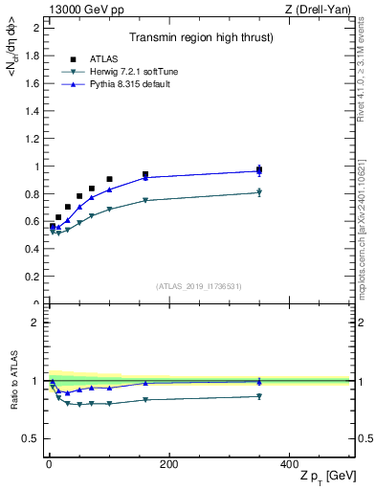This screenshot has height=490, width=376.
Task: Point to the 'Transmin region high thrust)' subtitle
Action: (x=195, y=38)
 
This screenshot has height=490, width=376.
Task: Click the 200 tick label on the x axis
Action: (x=168, y=464)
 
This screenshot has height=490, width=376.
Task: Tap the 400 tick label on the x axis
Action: (x=289, y=464)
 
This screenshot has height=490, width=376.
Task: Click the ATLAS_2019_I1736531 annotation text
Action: (x=198, y=286)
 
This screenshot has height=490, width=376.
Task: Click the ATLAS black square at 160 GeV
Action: (x=145, y=174)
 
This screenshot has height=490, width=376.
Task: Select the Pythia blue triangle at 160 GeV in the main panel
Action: (x=145, y=177)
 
